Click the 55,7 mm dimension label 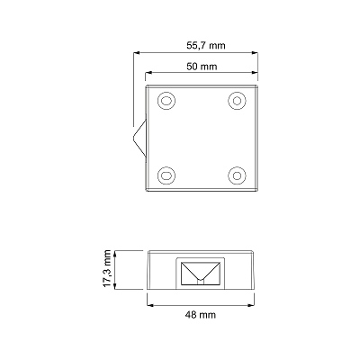point(206,46)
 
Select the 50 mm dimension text point(202,67)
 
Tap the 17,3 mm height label point(107,268)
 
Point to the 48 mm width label point(201,315)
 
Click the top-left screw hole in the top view point(166,101)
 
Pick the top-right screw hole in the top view point(237,101)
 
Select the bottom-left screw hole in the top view point(166,175)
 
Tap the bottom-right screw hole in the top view point(237,175)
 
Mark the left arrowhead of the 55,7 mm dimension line point(137,53)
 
